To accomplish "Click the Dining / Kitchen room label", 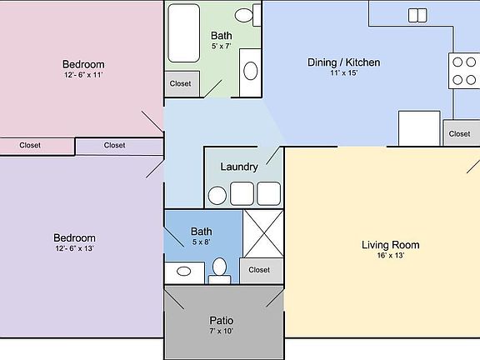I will click(343, 62).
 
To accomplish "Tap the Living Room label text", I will click(390, 245).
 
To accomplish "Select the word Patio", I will click(222, 320).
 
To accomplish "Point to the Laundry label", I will click(239, 167).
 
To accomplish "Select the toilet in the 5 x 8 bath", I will click(219, 268).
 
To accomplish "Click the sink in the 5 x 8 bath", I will click(184, 271).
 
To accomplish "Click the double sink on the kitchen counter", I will click(417, 15).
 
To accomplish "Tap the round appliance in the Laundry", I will click(217, 195).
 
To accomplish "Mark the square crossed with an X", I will click(264, 232).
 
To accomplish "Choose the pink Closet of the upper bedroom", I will click(30, 145).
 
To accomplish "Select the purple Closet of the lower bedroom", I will click(115, 145).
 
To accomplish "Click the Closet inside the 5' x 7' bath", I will click(180, 83).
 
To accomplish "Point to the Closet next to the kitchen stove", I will click(460, 133).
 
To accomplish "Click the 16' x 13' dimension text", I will click(390, 256).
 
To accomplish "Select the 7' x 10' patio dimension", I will click(222, 332).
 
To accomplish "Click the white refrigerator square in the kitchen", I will click(419, 128).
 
